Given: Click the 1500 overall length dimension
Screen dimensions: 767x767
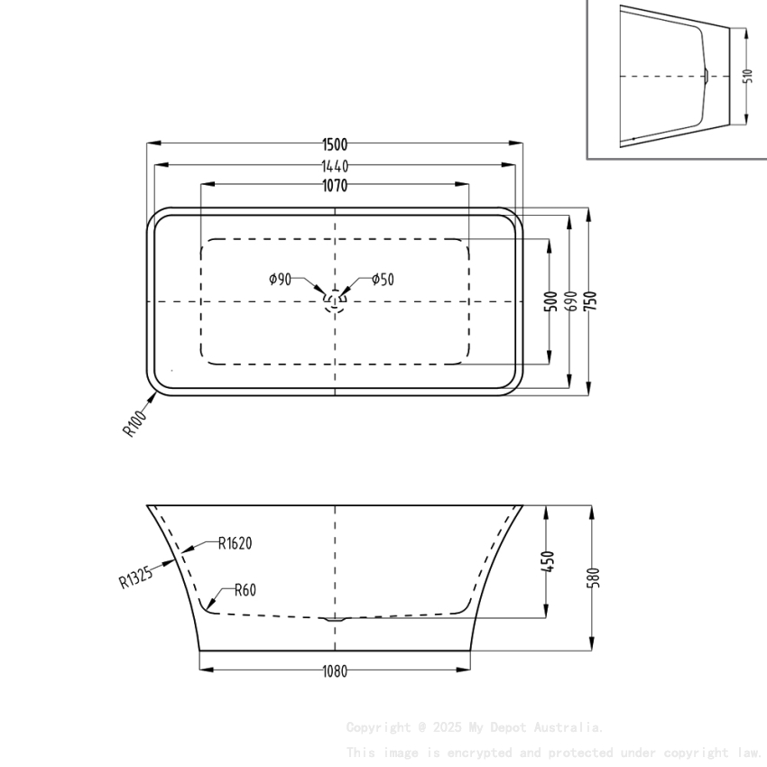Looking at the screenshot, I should (335, 143).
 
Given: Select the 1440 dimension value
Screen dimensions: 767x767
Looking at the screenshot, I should (335, 165).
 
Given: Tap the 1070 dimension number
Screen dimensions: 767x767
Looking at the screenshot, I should (335, 186).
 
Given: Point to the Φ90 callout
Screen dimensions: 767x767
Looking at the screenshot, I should (281, 279).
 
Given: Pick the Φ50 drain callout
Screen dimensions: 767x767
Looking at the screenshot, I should (383, 279).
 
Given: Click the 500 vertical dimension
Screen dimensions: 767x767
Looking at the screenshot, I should (550, 301).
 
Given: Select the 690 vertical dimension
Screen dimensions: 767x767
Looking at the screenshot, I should (570, 301).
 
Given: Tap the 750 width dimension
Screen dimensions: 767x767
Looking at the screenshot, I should (591, 301).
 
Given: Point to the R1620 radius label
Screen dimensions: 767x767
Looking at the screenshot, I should (235, 543).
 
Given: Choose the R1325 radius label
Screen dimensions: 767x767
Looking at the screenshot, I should (135, 576).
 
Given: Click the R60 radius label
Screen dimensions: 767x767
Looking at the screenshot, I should (245, 591).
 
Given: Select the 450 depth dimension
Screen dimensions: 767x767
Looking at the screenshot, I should (550, 561).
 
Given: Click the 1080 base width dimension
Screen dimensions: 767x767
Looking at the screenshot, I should (335, 670).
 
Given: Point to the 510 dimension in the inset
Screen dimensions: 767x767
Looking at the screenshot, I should (748, 76).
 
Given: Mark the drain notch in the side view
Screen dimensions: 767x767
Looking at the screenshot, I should (335, 619).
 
